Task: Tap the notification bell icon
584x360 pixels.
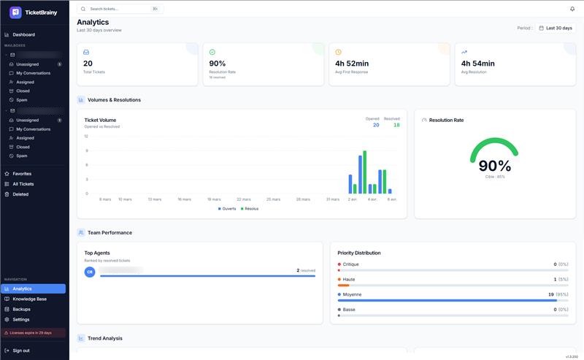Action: click(x=572, y=9)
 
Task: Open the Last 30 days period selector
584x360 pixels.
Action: click(x=556, y=28)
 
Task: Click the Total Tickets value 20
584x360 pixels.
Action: click(x=88, y=64)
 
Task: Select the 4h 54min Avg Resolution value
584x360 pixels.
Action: click(x=477, y=64)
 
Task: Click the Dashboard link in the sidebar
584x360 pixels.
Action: click(x=23, y=34)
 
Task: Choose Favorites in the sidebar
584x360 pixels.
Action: click(x=22, y=174)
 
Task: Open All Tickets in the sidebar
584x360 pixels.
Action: click(x=23, y=184)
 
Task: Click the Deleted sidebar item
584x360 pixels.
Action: click(x=20, y=194)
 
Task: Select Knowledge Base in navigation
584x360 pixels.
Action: click(x=29, y=299)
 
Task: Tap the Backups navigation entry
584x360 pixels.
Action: click(x=21, y=309)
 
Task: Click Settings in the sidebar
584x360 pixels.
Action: click(x=21, y=319)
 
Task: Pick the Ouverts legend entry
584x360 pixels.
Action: click(x=228, y=208)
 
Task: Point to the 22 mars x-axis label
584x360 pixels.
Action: click(x=244, y=199)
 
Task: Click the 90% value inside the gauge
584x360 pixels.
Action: click(x=494, y=166)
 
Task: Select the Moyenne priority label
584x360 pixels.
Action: click(x=352, y=294)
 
